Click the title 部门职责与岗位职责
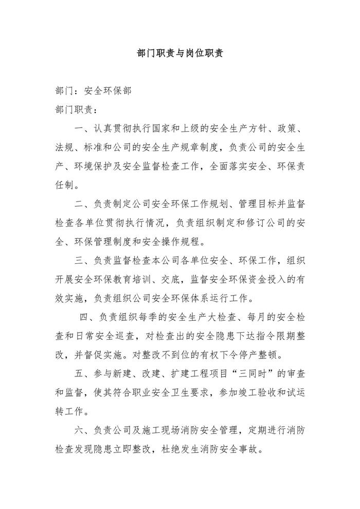(x=179, y=54)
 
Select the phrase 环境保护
(x=91, y=166)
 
